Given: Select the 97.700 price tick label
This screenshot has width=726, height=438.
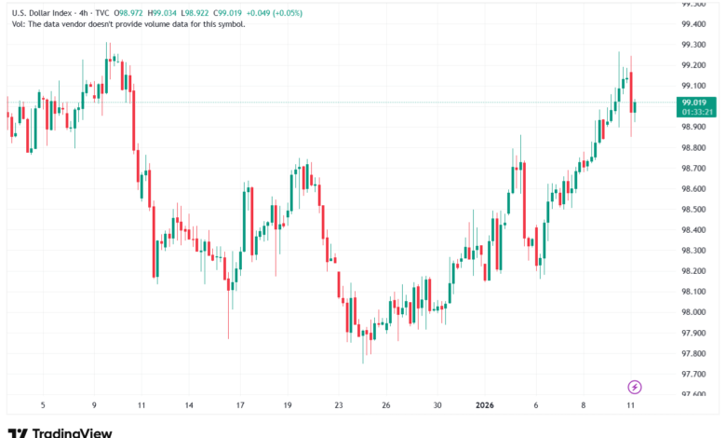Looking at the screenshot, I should tap(693, 374).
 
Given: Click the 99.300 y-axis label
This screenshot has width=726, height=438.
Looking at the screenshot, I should tap(693, 45).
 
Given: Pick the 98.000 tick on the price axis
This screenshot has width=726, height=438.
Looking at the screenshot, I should tap(693, 312).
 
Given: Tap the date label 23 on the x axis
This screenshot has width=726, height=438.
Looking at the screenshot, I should tap(339, 406).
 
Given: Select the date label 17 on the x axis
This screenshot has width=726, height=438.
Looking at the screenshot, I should tap(240, 406).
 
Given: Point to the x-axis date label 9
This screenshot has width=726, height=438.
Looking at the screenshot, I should tap(94, 406).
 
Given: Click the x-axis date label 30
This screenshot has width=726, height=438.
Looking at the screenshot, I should tap(437, 406).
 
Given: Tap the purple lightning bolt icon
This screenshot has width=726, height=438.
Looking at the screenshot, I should tap(635, 387).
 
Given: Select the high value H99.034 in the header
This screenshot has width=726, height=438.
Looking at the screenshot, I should tap(169, 13).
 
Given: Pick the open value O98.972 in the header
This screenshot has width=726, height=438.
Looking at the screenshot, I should tap(130, 13).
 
